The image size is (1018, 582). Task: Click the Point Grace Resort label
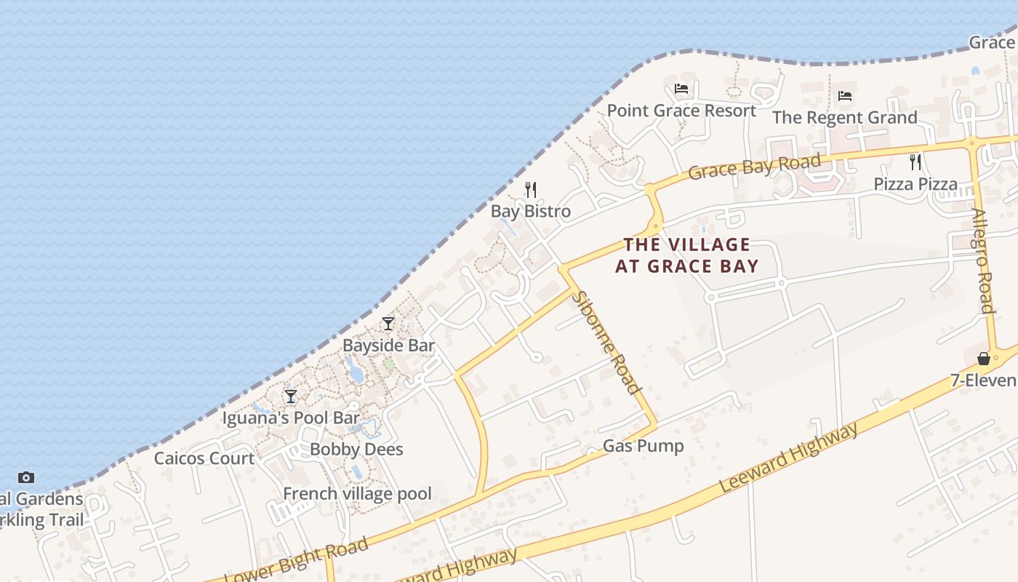pos(681,111)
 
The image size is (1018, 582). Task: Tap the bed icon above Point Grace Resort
pos(681,89)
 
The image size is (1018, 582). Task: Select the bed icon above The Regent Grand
pos(844,95)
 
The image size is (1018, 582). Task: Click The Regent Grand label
pos(844,117)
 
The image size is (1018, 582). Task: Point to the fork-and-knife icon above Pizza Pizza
pos(915,162)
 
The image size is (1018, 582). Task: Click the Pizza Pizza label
pos(915,184)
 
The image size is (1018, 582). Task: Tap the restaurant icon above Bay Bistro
pos(531,190)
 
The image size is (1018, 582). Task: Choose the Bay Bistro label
pos(531,212)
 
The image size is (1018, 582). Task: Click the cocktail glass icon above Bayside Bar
pos(388,324)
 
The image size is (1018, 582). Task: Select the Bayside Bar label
pos(388,346)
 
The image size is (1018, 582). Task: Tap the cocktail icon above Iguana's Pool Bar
pos(291,396)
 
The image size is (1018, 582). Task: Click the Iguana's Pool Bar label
pos(291,418)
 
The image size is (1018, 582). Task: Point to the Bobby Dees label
pos(356,450)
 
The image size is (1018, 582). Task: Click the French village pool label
pos(357,494)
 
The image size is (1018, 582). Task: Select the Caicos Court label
pos(204,458)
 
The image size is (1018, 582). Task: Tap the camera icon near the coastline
pos(26,477)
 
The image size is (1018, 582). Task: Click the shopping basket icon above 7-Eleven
pos(984,359)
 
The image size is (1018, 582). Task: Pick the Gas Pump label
pos(644,446)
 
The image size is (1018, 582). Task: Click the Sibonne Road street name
pos(606,342)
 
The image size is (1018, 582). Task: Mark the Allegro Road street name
pos(983,260)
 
